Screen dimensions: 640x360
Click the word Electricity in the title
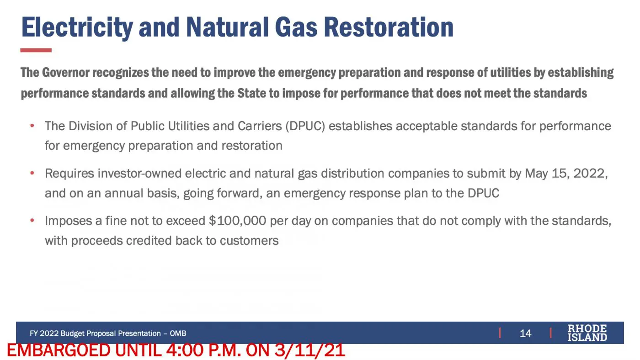click(77, 28)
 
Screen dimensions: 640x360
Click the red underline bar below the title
click(36, 50)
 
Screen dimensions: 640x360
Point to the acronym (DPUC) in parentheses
click(305, 126)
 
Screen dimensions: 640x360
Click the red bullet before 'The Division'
click(32, 126)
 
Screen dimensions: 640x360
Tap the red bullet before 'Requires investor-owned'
click(32, 173)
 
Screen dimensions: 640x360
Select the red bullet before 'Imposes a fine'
click(32, 220)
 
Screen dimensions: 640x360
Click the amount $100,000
click(237, 221)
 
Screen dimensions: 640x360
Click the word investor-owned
click(139, 174)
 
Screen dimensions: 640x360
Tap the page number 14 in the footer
click(525, 333)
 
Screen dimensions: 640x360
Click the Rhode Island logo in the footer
click(587, 333)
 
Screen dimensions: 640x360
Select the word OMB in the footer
click(178, 334)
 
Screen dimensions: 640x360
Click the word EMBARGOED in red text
click(59, 350)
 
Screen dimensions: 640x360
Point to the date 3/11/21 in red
click(310, 350)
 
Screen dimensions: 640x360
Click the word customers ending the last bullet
click(249, 241)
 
